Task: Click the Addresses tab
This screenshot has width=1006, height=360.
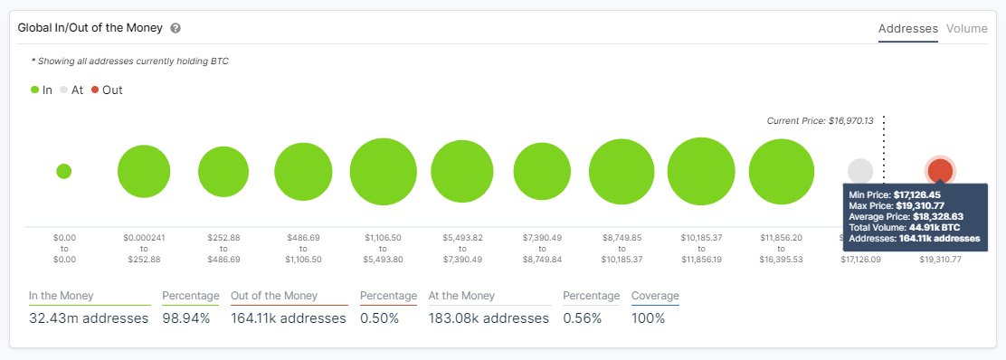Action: tap(907, 28)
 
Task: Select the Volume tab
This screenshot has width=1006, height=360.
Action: tap(966, 28)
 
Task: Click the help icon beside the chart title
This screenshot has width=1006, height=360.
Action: tap(176, 28)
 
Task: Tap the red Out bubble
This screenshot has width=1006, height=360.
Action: tap(940, 170)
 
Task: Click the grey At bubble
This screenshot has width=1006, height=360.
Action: tap(860, 171)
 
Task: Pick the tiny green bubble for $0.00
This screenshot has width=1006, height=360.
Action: tap(63, 171)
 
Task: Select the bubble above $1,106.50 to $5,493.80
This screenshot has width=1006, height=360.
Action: tap(383, 171)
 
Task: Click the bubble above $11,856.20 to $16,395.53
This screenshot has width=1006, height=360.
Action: tap(783, 171)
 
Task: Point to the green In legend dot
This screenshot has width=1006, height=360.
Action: tap(35, 90)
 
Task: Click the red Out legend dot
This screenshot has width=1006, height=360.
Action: tap(95, 90)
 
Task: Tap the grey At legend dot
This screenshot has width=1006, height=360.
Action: tap(63, 90)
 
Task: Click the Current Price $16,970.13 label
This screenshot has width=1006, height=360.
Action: tap(820, 121)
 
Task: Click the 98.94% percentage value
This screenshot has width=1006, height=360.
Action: tap(186, 318)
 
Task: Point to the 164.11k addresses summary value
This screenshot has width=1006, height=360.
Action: tap(289, 318)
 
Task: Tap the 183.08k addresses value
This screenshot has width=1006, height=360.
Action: tap(488, 318)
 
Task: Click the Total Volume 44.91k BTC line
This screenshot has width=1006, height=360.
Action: tap(905, 227)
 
